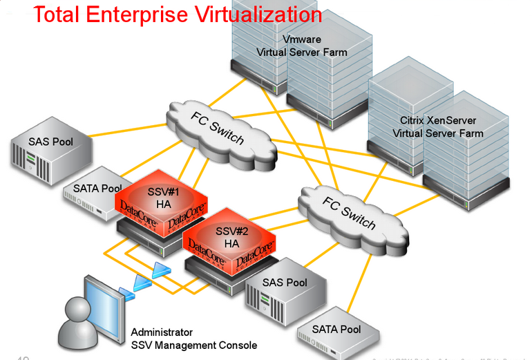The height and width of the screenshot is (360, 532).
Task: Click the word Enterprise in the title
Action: point(140,14)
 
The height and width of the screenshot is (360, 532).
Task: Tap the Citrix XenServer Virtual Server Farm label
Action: point(437,127)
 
